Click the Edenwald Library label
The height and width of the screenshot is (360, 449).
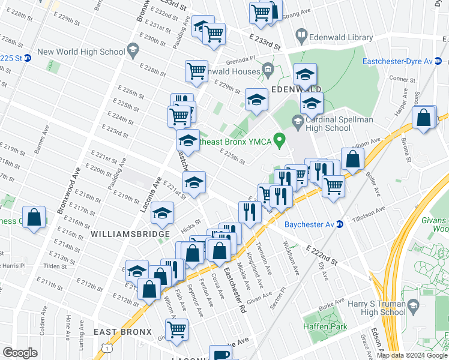pyautogui.click(x=341, y=37)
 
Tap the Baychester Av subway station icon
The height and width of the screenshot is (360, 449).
pyautogui.click(x=339, y=224)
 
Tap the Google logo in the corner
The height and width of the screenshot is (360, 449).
pyautogui.click(x=20, y=352)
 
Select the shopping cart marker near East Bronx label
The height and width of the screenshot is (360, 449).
pyautogui.click(x=176, y=329)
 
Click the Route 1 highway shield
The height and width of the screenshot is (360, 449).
pyautogui.click(x=107, y=348)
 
